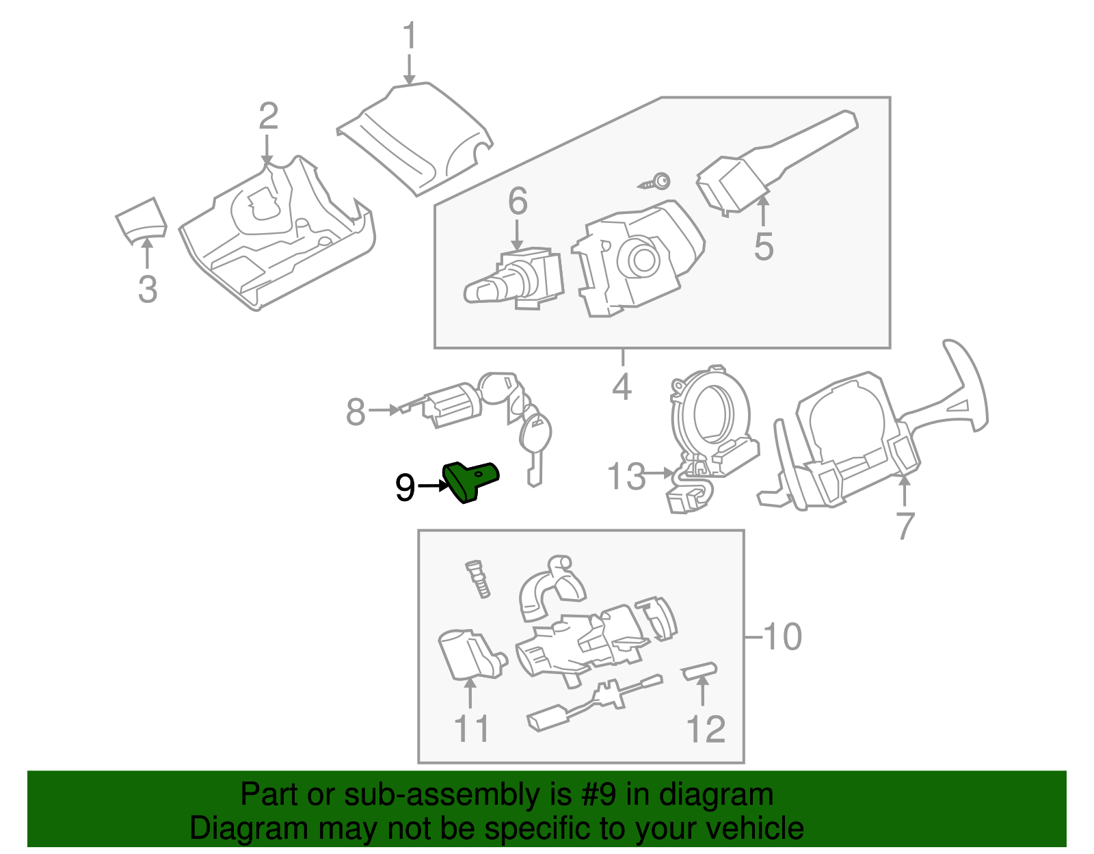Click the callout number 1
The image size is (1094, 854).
(x=409, y=36)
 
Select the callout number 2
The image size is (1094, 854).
(x=268, y=116)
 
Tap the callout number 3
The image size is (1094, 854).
(x=148, y=289)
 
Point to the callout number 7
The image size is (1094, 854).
(x=905, y=526)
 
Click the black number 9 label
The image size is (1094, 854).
(x=405, y=488)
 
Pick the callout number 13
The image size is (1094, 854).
(x=626, y=477)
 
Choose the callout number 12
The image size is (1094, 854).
(x=706, y=730)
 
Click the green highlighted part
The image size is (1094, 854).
(x=470, y=481)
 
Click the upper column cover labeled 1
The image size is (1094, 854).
(x=414, y=140)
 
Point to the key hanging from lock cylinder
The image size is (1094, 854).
(x=535, y=444)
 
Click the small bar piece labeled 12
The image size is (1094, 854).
(x=699, y=671)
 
